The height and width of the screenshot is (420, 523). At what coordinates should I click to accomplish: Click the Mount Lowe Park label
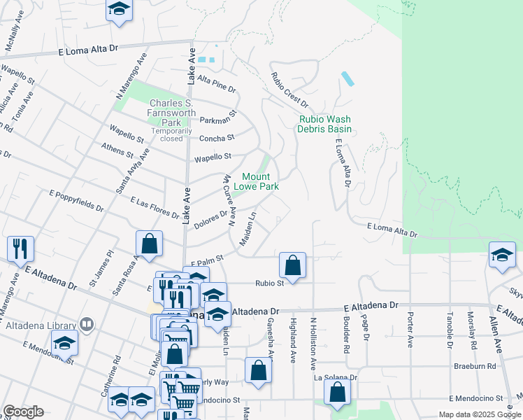[x=260, y=182]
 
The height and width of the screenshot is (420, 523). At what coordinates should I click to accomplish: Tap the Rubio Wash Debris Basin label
[x=324, y=124]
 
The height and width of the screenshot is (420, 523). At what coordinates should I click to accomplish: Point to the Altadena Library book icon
[x=87, y=324]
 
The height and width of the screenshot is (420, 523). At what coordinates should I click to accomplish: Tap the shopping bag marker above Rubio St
[x=292, y=265]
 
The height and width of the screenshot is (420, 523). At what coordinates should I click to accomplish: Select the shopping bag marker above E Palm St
[x=149, y=244]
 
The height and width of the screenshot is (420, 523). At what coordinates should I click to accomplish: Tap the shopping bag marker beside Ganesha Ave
[x=258, y=370]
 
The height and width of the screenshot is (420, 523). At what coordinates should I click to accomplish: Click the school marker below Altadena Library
[x=64, y=344]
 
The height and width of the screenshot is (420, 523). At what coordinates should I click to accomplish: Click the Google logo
[x=23, y=411]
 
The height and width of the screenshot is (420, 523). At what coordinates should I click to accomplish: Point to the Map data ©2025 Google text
[x=479, y=414]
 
